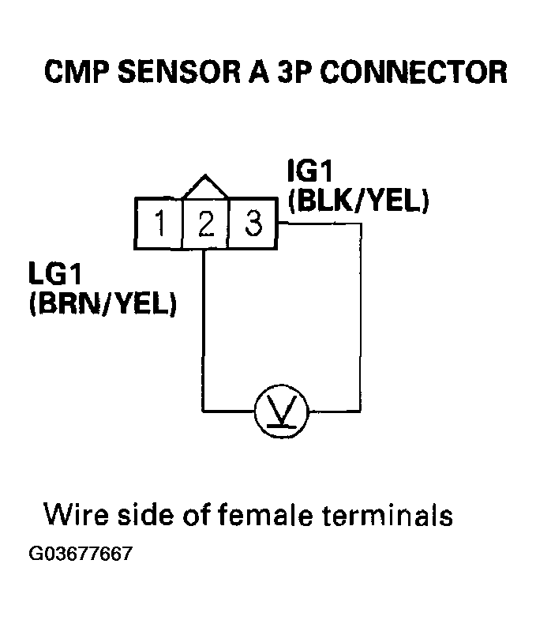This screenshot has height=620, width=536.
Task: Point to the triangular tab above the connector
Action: pos(205,186)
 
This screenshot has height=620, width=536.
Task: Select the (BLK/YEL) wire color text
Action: pos(359,202)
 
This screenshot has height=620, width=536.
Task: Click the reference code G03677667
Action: pos(81,553)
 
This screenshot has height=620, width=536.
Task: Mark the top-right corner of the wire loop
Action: pos(362,225)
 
